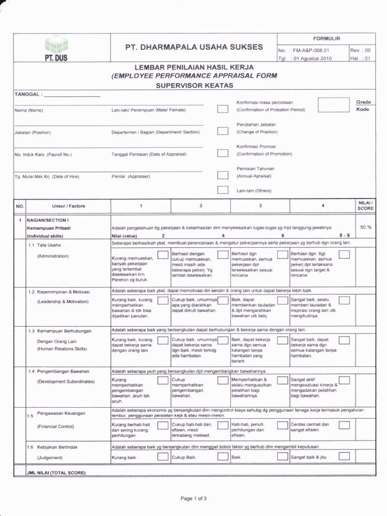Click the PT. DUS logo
(55, 49)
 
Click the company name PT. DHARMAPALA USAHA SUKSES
(194, 47)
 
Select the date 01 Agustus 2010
(313, 58)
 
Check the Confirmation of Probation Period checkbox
(222, 109)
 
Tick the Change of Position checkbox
(222, 131)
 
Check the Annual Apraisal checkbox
(222, 175)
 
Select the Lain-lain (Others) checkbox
(222, 190)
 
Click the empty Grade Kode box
(333, 105)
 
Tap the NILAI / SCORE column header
(365, 205)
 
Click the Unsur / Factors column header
(68, 206)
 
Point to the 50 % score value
(366, 227)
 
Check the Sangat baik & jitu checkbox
(344, 457)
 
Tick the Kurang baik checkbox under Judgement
(163, 457)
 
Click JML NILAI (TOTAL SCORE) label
(49, 473)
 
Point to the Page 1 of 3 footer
(193, 498)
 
